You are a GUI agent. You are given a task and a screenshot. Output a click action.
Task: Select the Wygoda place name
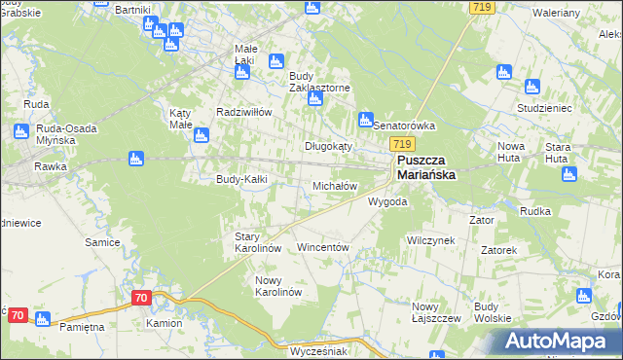click(387, 202)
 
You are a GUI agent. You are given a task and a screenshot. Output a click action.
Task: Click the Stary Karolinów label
click(258, 242)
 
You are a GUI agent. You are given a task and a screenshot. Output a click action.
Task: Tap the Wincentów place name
click(322, 248)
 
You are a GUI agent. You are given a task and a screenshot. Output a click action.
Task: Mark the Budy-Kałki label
click(241, 179)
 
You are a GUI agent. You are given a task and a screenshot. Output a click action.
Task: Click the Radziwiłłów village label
click(243, 112)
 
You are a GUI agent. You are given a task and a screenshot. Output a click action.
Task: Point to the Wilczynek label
click(431, 239)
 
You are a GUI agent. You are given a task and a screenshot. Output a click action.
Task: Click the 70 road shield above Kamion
click(141, 297)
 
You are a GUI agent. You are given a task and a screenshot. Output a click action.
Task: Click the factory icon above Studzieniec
click(503, 72)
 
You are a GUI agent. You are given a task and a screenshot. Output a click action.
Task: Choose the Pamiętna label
click(82, 327)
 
